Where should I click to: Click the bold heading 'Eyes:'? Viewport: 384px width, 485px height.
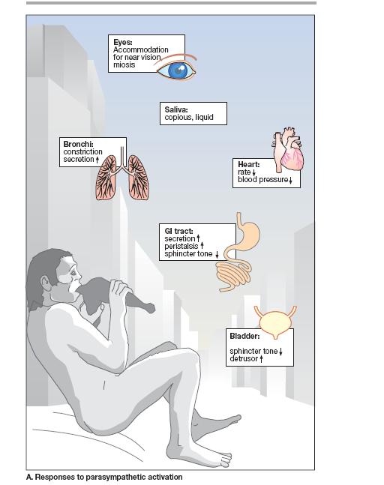point(123,42)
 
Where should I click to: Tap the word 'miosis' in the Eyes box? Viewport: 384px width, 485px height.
point(124,64)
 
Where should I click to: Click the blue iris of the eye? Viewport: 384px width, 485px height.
point(178,70)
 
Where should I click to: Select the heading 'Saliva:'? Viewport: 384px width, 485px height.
point(176,109)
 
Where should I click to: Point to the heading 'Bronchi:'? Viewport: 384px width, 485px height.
point(78,144)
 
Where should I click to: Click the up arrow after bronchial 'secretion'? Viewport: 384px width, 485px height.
point(97,160)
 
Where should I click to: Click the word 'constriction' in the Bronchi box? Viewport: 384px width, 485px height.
point(82,151)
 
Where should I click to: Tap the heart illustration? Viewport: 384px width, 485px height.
point(289,148)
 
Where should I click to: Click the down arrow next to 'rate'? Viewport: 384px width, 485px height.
point(253,172)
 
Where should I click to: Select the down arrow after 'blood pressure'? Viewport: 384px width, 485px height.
point(290,180)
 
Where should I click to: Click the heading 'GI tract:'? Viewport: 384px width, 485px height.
point(178,231)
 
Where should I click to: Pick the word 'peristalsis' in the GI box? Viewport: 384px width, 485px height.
point(181,246)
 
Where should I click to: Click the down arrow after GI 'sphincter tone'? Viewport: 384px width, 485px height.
point(217,254)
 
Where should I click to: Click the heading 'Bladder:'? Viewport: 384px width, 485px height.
point(244,337)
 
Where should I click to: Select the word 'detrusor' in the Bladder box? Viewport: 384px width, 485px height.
point(244,359)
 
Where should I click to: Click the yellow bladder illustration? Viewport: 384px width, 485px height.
point(274,322)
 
